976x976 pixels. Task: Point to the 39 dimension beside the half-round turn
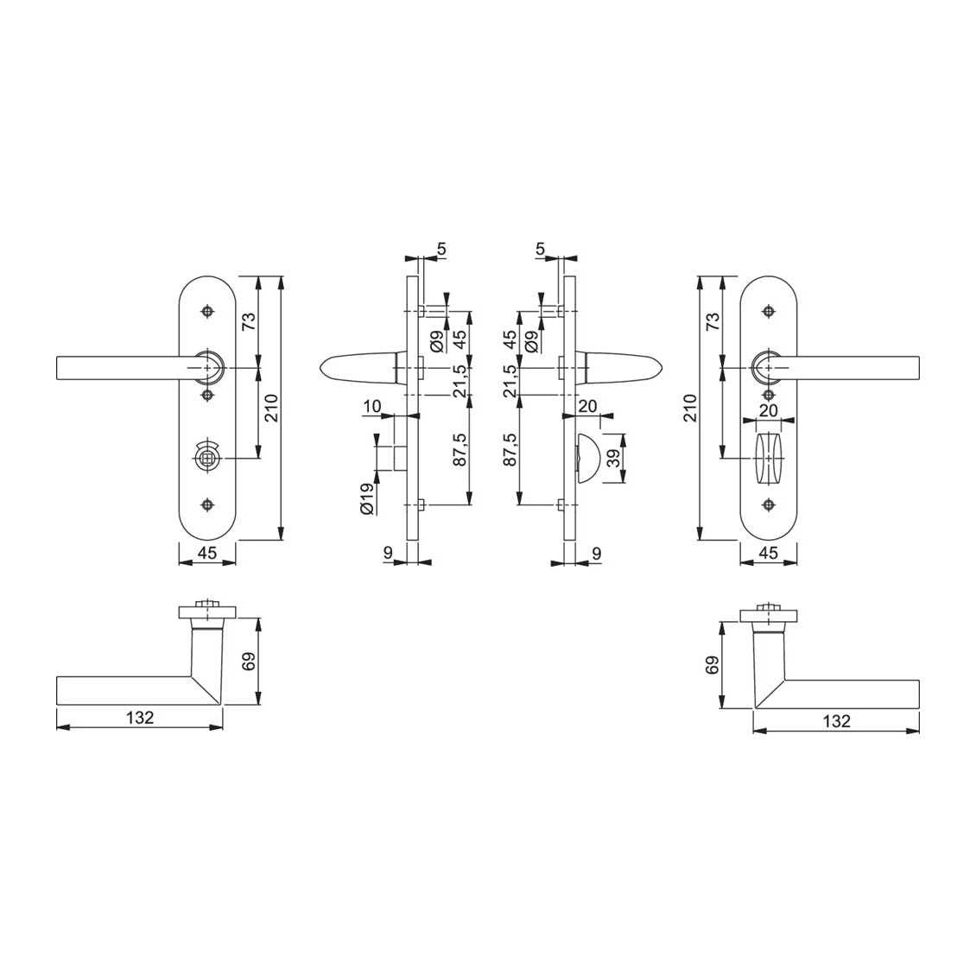point(614,459)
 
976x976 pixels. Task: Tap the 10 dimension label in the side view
point(371,407)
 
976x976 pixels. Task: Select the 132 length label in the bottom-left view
point(140,718)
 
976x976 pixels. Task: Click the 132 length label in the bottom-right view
point(836,721)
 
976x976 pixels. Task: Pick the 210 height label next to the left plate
point(272,408)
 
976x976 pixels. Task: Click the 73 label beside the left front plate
point(249,321)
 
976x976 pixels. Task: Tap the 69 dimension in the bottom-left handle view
point(249,661)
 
